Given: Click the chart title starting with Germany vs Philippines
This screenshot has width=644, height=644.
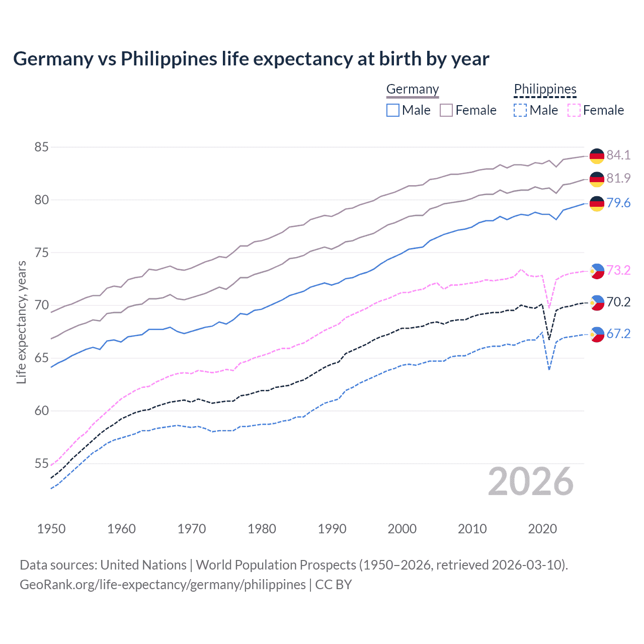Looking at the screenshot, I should [x=251, y=59].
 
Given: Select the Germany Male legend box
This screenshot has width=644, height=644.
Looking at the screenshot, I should [x=393, y=110].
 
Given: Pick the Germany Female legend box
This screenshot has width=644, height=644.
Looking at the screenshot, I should [x=446, y=110].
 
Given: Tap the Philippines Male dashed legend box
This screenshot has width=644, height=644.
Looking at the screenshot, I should [x=520, y=110].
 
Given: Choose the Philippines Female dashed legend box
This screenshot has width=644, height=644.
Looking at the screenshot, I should [x=574, y=110].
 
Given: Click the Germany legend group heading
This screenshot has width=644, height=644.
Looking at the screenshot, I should [x=413, y=89].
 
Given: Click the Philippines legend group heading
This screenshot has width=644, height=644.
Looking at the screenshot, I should [x=545, y=89].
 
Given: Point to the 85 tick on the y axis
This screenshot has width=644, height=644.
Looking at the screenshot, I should [x=42, y=147].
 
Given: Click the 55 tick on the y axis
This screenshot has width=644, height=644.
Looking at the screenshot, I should [x=42, y=463].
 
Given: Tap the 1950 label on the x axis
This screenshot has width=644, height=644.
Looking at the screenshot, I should [x=51, y=529].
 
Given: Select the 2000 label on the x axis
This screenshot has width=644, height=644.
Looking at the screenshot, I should [x=402, y=529].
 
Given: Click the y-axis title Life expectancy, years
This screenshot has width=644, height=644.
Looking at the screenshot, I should [x=21, y=322].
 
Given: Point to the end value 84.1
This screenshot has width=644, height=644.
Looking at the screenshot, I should [x=618, y=155].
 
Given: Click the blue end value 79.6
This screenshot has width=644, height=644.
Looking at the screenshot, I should [x=618, y=203].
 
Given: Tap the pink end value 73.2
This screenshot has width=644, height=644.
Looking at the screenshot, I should [x=618, y=270].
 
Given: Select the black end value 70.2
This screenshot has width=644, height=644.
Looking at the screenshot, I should [x=618, y=302].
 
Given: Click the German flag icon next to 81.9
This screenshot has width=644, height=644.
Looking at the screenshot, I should [x=597, y=179].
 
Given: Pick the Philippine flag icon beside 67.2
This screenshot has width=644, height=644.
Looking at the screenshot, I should [x=597, y=334].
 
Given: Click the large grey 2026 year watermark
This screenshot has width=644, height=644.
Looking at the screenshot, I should [x=530, y=481].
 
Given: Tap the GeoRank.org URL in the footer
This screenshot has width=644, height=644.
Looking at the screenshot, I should [x=163, y=585].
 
